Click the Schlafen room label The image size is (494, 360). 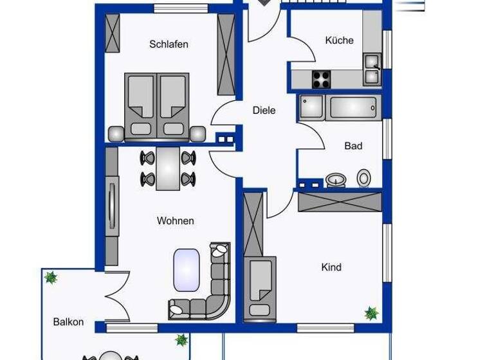(169, 44)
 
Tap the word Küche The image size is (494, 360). (339, 40)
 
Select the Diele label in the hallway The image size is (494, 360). (264, 111)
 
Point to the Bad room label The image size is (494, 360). (353, 146)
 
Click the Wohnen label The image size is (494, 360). (175, 221)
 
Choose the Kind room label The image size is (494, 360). (331, 267)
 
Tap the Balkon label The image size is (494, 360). (68, 322)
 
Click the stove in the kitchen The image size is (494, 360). (321, 79)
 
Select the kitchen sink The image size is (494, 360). (372, 69)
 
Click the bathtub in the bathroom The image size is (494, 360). (352, 108)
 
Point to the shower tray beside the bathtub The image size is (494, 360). (311, 107)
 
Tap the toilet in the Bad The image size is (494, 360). (364, 177)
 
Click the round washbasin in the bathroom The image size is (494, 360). (334, 179)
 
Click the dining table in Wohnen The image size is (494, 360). (169, 168)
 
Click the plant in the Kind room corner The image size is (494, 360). (371, 313)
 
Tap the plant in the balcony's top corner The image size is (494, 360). (50, 278)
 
